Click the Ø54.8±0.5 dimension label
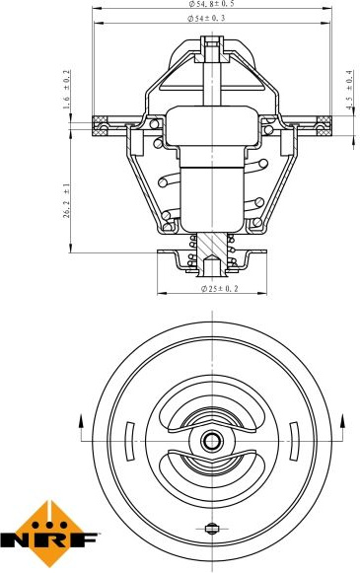211,4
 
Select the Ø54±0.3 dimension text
206,19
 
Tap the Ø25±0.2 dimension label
220,289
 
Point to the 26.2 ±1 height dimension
66,200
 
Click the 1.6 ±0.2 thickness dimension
66,90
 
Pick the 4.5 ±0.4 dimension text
349,90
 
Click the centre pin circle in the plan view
212,441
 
